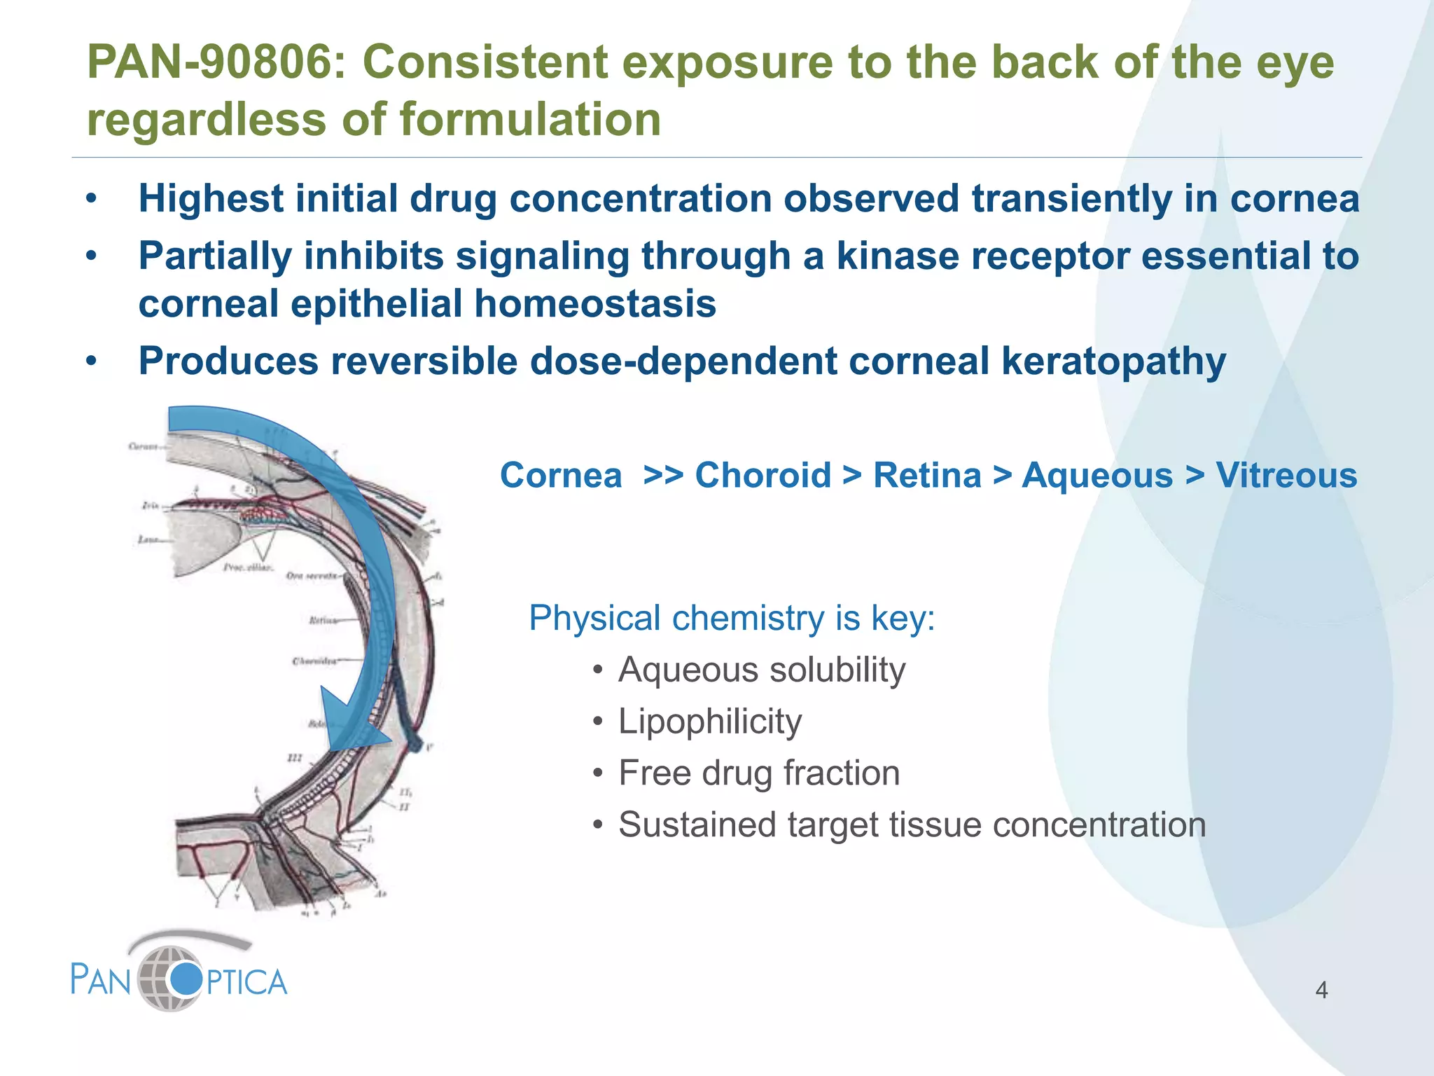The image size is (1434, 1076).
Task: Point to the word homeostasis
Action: (x=594, y=304)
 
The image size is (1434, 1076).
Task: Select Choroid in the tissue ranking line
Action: (x=763, y=476)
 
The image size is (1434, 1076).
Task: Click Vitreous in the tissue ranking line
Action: (x=1286, y=476)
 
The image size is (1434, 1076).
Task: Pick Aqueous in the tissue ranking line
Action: (x=1097, y=476)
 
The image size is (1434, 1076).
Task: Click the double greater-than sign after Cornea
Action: (x=662, y=476)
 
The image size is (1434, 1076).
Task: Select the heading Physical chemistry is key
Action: (x=732, y=619)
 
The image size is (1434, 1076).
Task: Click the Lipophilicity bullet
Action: (x=709, y=722)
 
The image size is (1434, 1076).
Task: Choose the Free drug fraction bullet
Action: (x=758, y=773)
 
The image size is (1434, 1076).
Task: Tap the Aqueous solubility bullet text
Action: (x=761, y=670)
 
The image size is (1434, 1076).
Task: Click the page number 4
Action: (x=1321, y=990)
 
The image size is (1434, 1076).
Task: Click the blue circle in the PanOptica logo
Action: (x=186, y=979)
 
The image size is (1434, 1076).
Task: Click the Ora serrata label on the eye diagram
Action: (x=311, y=576)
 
